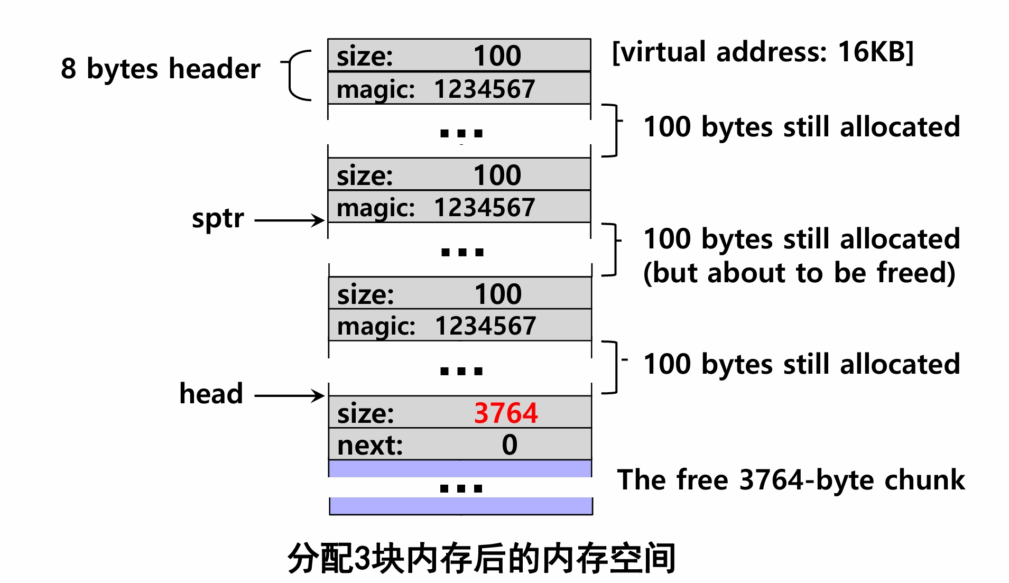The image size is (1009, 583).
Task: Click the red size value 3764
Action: [x=505, y=413]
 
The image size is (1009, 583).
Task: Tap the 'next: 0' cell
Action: [x=459, y=445]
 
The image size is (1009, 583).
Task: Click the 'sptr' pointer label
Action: [x=218, y=218]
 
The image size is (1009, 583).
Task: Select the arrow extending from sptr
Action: [x=289, y=220]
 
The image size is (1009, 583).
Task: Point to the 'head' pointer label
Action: [x=211, y=394]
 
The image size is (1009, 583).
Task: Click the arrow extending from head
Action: [x=289, y=395]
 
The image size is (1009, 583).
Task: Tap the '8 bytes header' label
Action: [x=161, y=69]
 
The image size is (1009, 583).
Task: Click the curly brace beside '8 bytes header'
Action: [x=297, y=75]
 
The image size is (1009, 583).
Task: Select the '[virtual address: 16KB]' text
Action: [x=762, y=52]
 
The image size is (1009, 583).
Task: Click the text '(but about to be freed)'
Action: [x=799, y=273]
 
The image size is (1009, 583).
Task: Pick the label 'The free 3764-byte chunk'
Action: [x=791, y=480]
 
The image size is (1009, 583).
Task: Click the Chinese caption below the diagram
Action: [x=482, y=558]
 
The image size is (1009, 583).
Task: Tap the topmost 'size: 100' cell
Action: [x=459, y=55]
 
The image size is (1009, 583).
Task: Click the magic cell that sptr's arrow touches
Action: [x=459, y=207]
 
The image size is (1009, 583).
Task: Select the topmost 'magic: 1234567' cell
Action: [x=459, y=89]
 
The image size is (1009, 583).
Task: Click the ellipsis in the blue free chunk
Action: [x=461, y=488]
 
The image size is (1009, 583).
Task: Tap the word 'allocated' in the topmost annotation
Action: [x=900, y=127]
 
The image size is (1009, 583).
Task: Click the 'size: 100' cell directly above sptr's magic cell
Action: [x=459, y=175]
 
